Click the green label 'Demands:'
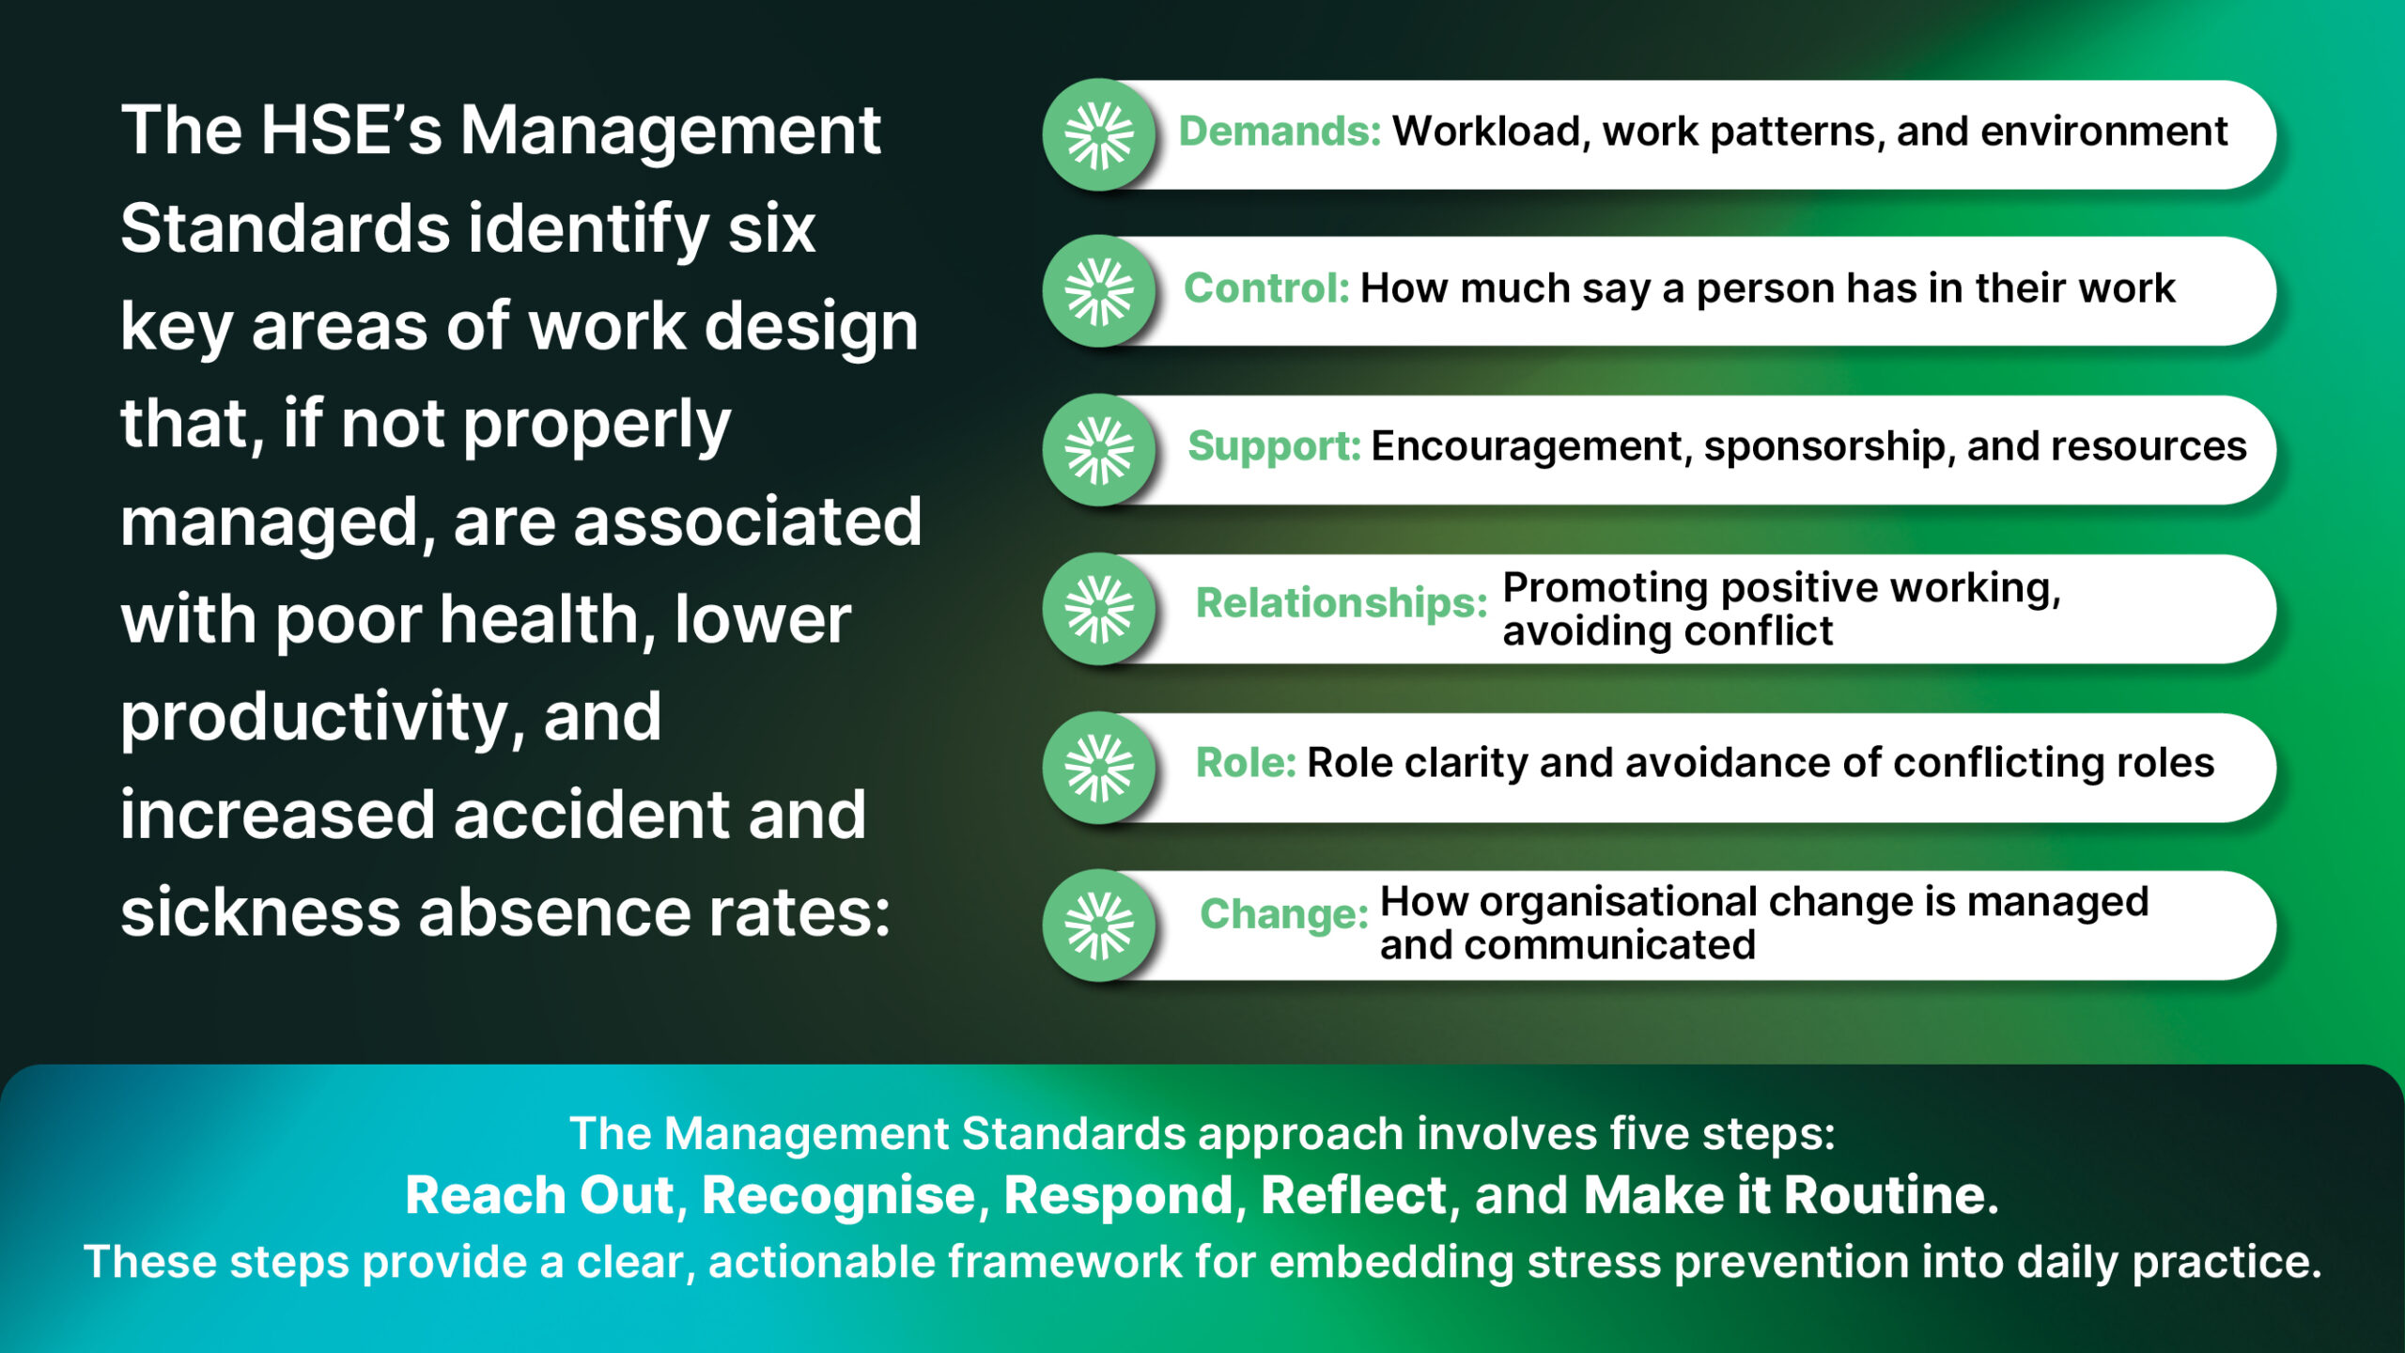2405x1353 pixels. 1280,132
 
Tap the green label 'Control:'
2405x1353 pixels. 1266,288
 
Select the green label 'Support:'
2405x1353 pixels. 1274,446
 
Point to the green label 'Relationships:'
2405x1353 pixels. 1342,603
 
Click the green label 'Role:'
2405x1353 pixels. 1246,763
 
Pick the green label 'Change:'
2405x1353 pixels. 1284,914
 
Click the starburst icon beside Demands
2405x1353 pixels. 1099,135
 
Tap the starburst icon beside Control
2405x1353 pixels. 1099,291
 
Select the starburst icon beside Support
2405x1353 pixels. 1099,450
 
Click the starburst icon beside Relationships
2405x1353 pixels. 1099,609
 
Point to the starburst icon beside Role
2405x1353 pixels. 1099,768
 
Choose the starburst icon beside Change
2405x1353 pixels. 1099,925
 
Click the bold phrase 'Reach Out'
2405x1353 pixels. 540,1196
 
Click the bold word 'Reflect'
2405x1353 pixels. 1354,1196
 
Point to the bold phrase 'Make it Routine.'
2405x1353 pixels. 1791,1196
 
